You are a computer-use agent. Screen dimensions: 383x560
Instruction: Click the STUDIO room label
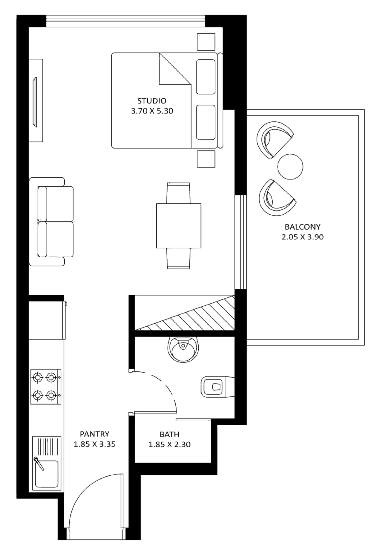152,101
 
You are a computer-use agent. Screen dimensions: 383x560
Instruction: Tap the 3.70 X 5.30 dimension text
152,111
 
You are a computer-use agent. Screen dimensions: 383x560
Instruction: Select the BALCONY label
302,227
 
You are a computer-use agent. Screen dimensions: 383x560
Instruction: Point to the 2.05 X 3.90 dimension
302,237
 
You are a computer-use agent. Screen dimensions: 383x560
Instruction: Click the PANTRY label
95,434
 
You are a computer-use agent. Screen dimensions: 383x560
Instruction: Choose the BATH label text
169,434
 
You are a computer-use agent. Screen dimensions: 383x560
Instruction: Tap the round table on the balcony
290,166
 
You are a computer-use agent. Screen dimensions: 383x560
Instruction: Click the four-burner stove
46,387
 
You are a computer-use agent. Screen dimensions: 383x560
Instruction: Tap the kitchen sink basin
47,474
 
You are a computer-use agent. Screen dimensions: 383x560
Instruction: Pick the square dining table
179,226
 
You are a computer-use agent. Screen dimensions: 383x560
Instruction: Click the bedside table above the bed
206,42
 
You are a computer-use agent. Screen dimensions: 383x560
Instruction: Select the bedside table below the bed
206,159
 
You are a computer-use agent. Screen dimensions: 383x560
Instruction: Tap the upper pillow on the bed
206,77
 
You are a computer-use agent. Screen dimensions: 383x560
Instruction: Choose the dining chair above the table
178,193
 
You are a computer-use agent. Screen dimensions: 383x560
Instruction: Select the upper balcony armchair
274,139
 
